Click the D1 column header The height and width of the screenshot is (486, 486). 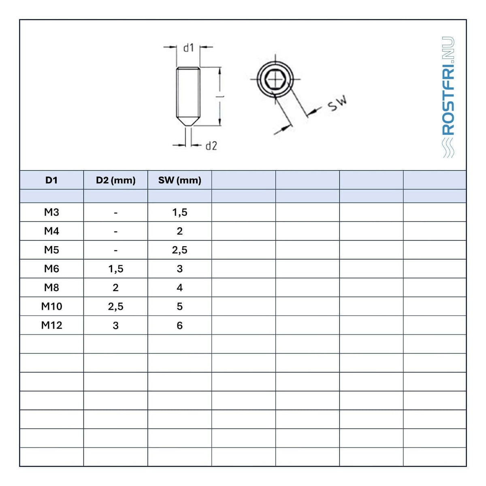coord(51,180)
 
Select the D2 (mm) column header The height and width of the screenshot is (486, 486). coord(116,180)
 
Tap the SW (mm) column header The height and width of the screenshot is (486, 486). coord(179,180)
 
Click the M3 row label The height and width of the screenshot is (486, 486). coord(51,212)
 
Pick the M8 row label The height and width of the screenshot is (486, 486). coord(51,288)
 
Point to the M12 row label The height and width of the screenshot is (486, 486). coord(51,325)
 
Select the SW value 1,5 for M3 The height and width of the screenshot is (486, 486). coord(179,212)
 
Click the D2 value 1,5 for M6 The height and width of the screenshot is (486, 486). coord(116,269)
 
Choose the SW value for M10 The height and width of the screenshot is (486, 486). coord(179,306)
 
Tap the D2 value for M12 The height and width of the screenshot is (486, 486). coord(116,325)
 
